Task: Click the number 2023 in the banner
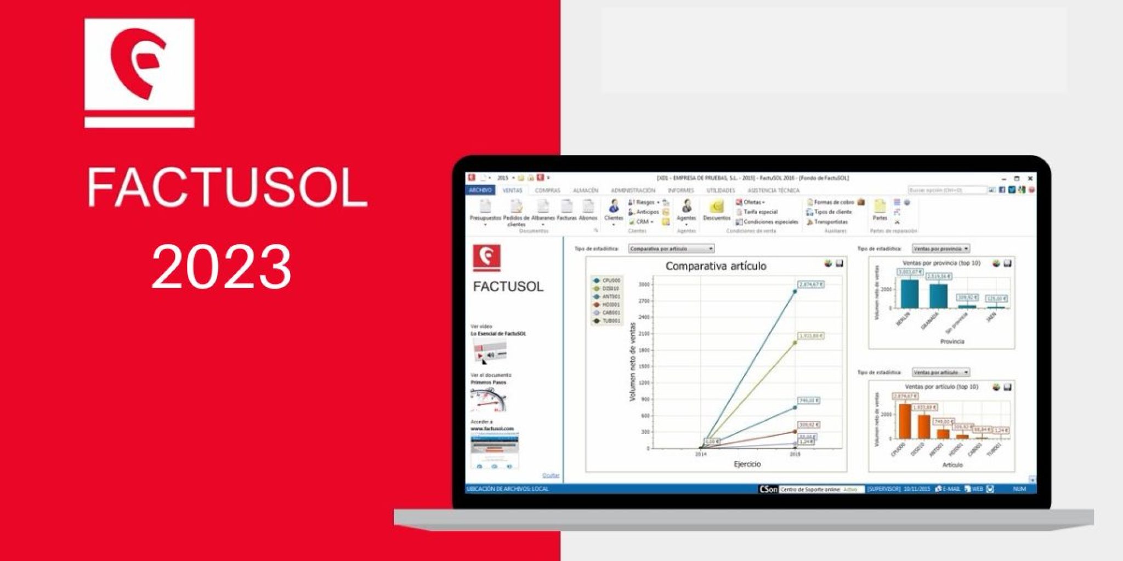pos(221,267)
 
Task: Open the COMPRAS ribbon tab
pos(547,191)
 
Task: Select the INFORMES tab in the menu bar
pos(680,191)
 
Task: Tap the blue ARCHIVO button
pos(480,190)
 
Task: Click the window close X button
pos(1030,179)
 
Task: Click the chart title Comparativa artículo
pos(716,266)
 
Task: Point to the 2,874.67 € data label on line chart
pos(811,285)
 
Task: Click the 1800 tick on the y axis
pos(644,350)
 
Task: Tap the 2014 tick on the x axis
pos(701,454)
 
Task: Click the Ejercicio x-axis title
pos(747,464)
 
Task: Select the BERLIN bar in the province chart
pos(909,294)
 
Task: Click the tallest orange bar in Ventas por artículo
pos(905,421)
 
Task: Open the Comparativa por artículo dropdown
pos(671,249)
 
